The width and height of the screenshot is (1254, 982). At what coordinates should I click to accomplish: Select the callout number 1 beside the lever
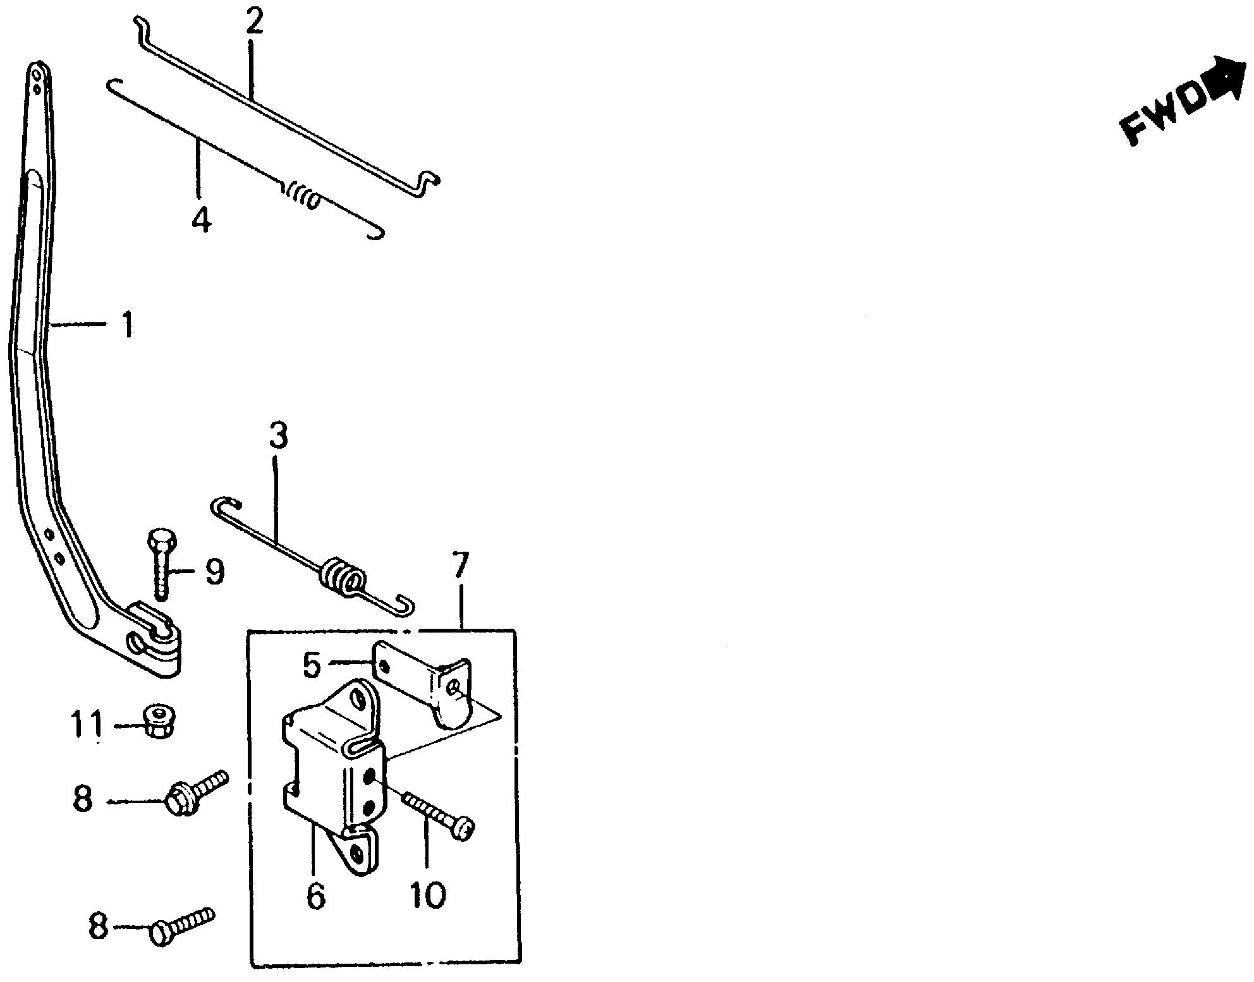coord(128,324)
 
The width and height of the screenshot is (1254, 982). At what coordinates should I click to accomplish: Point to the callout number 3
coord(278,436)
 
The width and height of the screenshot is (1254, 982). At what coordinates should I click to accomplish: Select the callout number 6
coord(315,895)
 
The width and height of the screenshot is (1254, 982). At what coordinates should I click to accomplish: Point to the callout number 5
coord(313,665)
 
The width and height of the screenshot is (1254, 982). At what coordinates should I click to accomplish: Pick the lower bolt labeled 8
coord(182,924)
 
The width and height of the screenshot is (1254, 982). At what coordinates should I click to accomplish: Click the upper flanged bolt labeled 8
coord(197,791)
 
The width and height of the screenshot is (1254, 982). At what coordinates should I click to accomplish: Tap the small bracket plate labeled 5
coord(425,684)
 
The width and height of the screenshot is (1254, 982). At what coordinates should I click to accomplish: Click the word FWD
coord(1162,117)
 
